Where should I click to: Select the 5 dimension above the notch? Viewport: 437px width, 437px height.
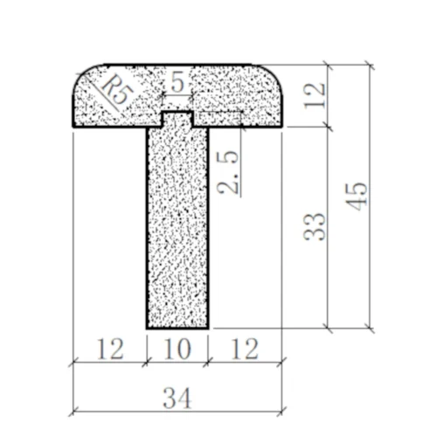coord(177,83)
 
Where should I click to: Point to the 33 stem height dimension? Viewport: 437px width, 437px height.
coord(318,225)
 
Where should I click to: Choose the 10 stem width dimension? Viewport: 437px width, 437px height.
coord(177,349)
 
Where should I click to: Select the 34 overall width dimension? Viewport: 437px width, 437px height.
coord(177,398)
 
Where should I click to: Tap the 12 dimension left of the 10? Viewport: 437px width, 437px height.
coord(109,349)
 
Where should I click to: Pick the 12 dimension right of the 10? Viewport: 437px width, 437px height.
coord(246,349)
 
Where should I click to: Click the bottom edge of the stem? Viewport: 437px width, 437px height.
coord(177,329)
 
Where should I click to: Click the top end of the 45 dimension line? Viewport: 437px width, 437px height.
coord(369,65)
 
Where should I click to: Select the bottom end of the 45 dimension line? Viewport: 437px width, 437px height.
coord(369,329)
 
